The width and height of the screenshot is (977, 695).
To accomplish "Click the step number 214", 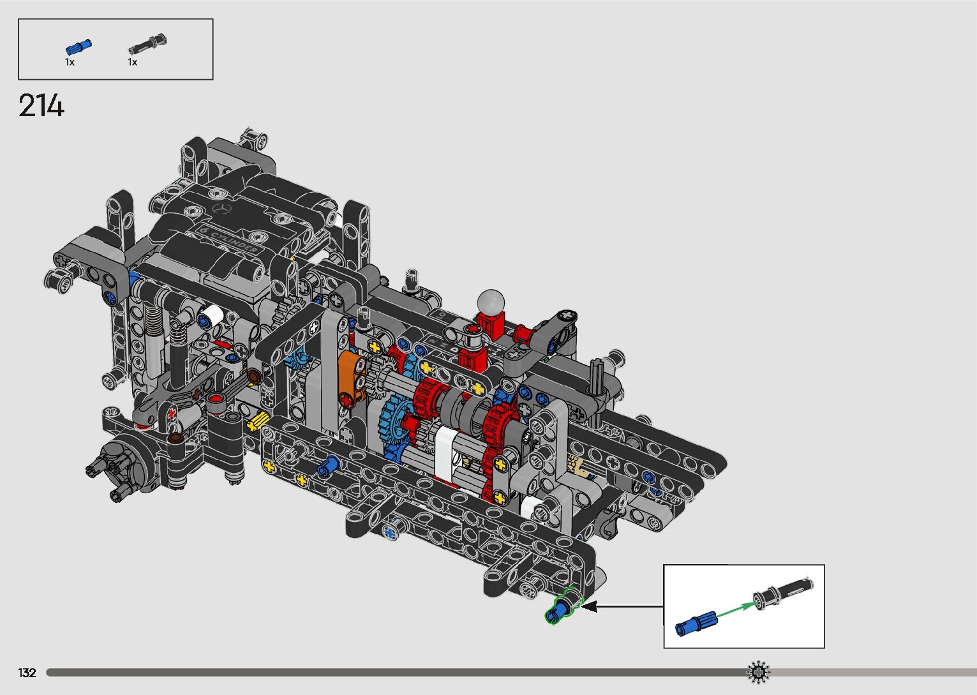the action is click(x=41, y=105).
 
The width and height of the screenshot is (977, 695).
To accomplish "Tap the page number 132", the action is click(x=27, y=673).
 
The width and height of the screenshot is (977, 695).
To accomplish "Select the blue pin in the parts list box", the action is click(x=78, y=47).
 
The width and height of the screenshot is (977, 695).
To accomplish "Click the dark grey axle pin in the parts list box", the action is click(x=147, y=43).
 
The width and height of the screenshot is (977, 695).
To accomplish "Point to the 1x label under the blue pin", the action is click(x=70, y=63).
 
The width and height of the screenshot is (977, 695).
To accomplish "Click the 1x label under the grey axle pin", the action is click(x=133, y=63).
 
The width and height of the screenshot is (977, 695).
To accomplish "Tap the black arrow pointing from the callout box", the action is click(x=623, y=606).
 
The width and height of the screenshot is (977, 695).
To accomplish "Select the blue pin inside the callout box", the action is click(x=696, y=623).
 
